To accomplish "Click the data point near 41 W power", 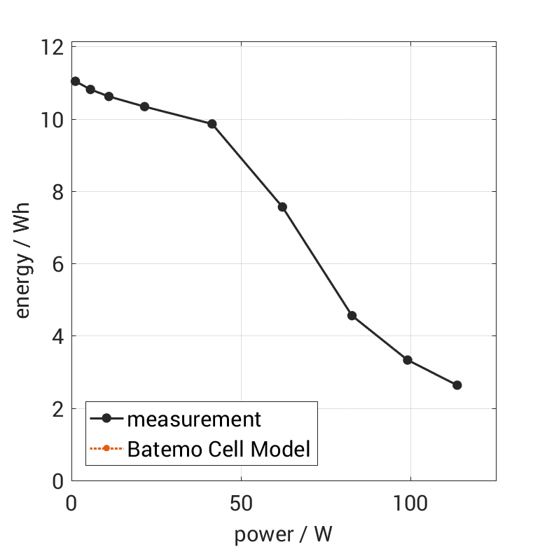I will tap(212, 124).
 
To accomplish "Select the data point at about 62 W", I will tap(282, 207).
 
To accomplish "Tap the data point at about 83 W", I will tap(352, 316).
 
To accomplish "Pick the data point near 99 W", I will tap(408, 360).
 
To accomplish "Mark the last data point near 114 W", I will tap(457, 385).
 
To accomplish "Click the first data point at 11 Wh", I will tap(76, 81).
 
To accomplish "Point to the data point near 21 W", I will tap(144, 106).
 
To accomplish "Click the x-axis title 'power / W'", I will tap(283, 534).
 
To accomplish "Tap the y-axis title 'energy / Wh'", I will tap(22, 264).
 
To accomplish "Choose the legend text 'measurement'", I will tap(194, 420).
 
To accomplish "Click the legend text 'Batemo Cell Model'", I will tap(219, 448).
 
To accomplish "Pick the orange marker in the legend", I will tap(106, 448).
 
